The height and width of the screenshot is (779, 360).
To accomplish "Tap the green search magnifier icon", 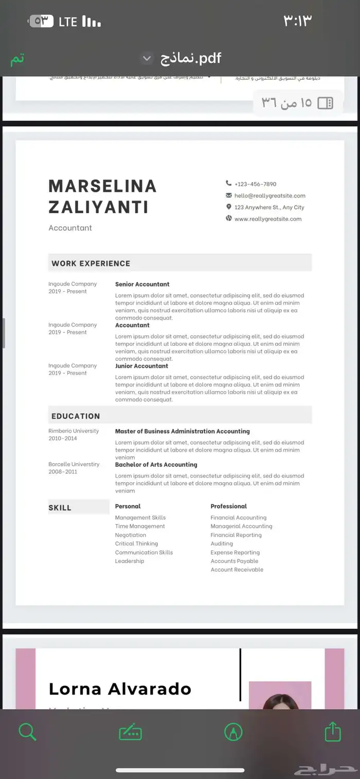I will (x=27, y=731).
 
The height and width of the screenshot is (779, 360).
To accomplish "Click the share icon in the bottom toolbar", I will (x=333, y=731).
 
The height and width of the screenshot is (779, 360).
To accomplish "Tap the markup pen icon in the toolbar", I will (x=233, y=731).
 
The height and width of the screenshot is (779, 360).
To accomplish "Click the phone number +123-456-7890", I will (x=255, y=184).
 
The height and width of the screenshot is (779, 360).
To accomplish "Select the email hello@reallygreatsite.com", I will (x=269, y=196).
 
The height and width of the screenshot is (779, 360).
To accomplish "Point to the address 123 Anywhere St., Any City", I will (x=269, y=207).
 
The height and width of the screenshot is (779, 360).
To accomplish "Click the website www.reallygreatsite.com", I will (x=267, y=219).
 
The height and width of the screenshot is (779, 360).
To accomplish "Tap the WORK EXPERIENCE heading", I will (x=91, y=263).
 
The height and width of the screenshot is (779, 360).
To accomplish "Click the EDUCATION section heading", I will (x=76, y=416).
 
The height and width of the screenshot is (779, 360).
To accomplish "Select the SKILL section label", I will (x=60, y=508).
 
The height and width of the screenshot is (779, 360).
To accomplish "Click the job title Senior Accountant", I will (x=142, y=284).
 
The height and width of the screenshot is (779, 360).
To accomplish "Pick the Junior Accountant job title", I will (x=141, y=366).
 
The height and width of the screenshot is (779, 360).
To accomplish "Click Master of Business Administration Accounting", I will (x=182, y=431).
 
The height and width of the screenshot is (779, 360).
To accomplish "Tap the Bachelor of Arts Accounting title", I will (x=156, y=465).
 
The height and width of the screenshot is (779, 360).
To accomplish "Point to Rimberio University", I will (x=74, y=431).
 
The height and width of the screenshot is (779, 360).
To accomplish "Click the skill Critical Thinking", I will (x=136, y=543).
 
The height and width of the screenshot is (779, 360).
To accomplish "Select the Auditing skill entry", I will (x=222, y=543).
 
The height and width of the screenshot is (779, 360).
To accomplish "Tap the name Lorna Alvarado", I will (x=120, y=688).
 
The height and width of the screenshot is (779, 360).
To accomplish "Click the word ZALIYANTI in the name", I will (x=98, y=207).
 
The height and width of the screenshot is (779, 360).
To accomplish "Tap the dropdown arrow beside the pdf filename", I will (x=147, y=58).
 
